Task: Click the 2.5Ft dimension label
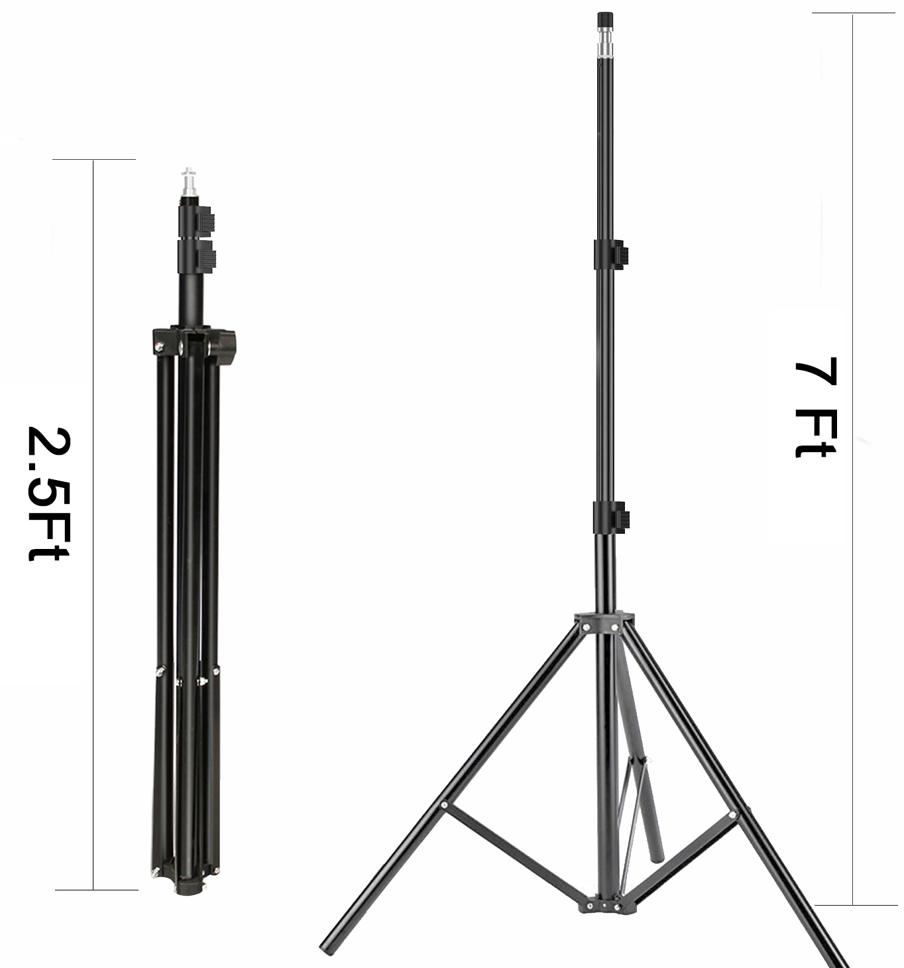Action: [48, 494]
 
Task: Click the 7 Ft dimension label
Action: [815, 408]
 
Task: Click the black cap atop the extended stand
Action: [605, 21]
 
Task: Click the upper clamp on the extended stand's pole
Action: [610, 255]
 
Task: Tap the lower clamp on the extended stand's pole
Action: [611, 518]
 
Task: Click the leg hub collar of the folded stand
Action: [194, 343]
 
